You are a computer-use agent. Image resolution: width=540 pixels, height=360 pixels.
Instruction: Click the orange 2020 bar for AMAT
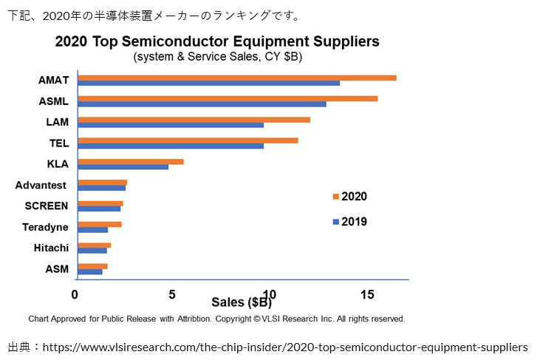[236, 78]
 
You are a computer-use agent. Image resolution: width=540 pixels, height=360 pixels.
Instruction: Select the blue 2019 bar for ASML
[202, 104]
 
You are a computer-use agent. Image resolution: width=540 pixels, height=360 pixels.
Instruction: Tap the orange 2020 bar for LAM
[194, 120]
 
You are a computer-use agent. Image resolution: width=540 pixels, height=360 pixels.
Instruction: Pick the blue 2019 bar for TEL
[171, 146]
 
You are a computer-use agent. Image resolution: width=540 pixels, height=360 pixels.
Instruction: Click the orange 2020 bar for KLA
[130, 161]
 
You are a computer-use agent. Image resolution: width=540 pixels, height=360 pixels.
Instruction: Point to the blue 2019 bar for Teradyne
[92, 230]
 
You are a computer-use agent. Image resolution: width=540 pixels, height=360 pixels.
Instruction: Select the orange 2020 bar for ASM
[92, 266]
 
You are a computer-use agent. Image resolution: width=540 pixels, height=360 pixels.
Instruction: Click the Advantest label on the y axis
[41, 185]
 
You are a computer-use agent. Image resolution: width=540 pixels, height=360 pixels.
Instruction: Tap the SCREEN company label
[46, 206]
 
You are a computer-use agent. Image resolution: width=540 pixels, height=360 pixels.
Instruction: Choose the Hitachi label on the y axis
[51, 248]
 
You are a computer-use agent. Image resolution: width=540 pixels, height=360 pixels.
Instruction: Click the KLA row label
[57, 163]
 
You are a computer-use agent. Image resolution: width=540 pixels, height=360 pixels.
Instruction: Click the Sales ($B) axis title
[242, 302]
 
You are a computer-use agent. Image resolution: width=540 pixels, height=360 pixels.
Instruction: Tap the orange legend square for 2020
[335, 197]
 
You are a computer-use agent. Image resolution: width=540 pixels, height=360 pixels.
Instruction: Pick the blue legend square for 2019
[335, 222]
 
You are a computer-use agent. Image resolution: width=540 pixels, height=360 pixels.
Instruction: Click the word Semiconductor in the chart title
[199, 41]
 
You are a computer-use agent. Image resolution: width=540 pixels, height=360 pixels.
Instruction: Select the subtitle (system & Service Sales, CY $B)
[217, 56]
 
